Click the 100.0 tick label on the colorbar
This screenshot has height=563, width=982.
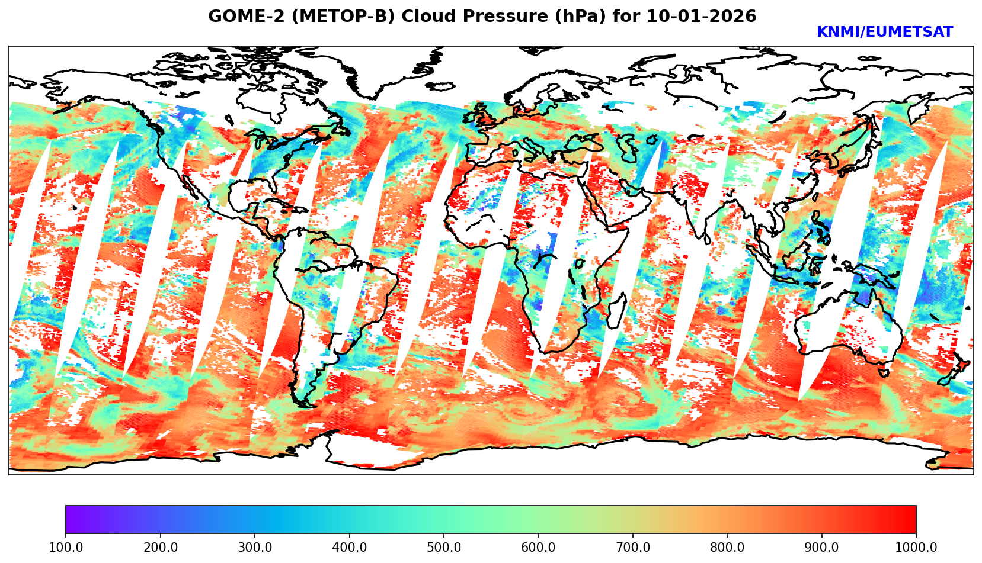[65, 548]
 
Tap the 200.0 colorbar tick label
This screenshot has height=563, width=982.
[160, 548]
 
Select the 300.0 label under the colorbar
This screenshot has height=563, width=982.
[254, 548]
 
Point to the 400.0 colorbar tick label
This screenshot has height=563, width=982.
[349, 548]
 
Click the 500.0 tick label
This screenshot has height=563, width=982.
[443, 548]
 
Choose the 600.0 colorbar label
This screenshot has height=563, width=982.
[538, 548]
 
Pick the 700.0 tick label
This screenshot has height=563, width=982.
[632, 548]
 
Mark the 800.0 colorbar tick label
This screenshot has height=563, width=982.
[727, 548]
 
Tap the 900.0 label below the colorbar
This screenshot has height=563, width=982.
[821, 548]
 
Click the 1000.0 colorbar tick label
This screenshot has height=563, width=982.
[916, 548]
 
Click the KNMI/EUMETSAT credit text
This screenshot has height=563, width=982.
[884, 33]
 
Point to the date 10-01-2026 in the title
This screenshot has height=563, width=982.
[701, 17]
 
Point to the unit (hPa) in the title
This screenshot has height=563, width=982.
[575, 17]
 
